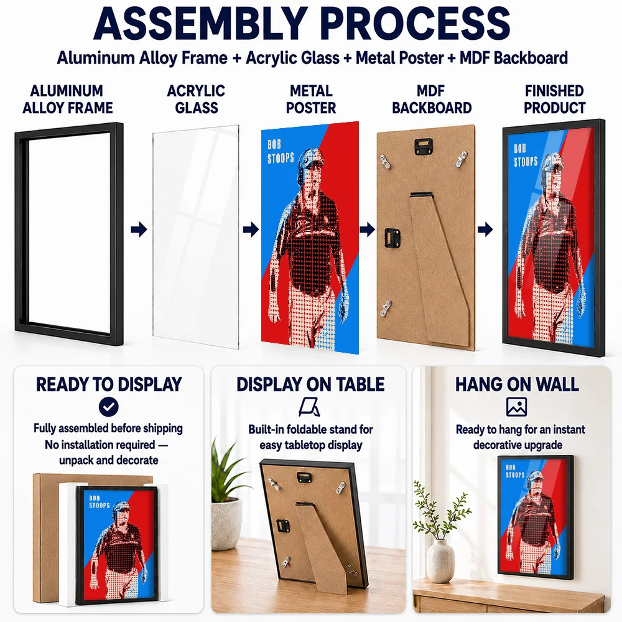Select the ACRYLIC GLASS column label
point(196,99)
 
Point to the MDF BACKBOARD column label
point(432,99)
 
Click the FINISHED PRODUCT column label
point(554,99)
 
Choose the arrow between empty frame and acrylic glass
point(139,229)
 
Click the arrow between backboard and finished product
point(485,229)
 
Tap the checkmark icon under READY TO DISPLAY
point(109,407)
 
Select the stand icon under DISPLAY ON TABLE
point(309,407)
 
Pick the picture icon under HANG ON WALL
point(516,407)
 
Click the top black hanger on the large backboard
point(423,146)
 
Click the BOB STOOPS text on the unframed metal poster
point(281,152)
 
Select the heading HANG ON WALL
point(517,384)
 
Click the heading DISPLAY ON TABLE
point(310,384)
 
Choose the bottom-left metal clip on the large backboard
point(386,309)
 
